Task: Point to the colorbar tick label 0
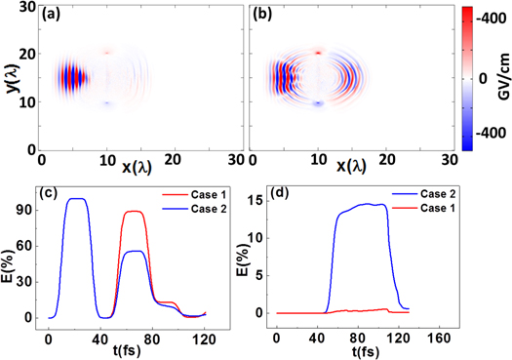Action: (482, 76)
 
